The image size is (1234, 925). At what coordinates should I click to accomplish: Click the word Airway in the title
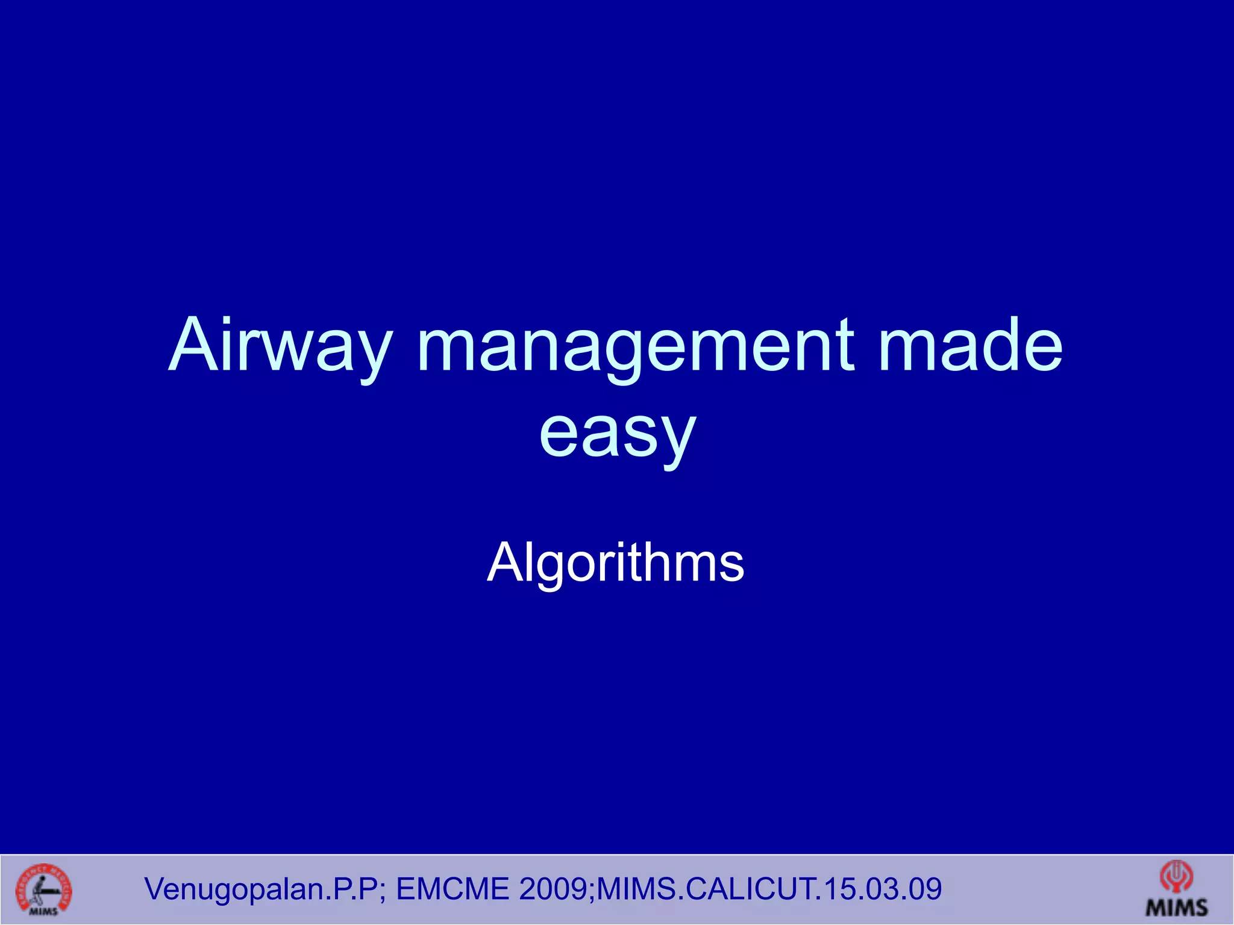(281, 346)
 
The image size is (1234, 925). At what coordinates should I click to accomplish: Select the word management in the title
(636, 346)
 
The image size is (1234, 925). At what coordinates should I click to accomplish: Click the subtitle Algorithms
(615, 562)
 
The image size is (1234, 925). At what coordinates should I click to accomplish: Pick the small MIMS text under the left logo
(43, 911)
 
